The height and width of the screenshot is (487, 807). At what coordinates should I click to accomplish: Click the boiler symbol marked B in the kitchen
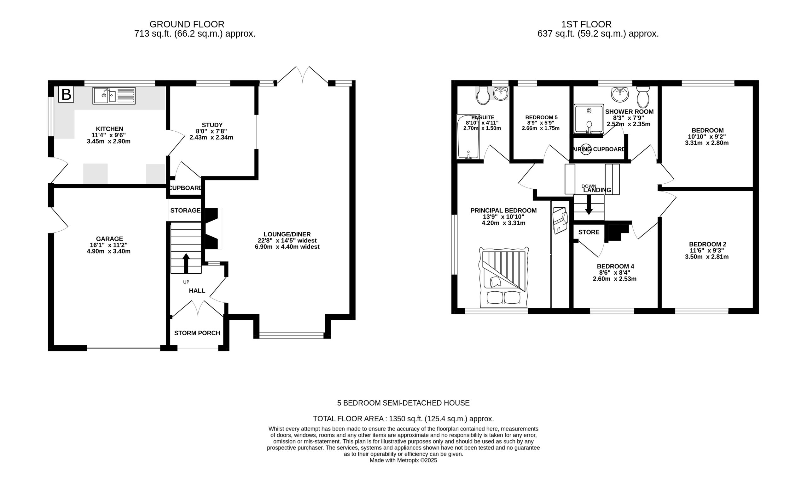tap(66, 94)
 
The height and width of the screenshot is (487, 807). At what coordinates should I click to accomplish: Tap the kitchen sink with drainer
tap(114, 95)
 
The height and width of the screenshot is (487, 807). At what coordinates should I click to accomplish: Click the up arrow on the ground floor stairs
tap(186, 263)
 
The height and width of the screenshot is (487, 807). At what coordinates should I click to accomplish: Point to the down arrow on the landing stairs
tap(589, 205)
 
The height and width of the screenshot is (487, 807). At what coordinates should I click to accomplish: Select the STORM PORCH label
tap(197, 333)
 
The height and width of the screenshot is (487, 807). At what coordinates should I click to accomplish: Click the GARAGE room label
tap(109, 239)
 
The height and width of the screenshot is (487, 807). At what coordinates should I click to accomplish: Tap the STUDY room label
tap(212, 125)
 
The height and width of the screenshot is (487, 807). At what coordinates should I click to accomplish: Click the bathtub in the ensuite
tap(468, 137)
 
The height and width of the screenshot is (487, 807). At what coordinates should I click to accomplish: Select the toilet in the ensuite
tap(483, 95)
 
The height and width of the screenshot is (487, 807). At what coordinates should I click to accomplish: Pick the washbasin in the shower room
tap(620, 94)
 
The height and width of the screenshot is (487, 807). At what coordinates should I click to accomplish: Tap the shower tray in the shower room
tap(589, 119)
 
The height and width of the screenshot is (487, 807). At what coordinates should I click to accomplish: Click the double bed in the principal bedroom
tap(504, 277)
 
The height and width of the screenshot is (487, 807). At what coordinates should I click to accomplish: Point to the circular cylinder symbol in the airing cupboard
tap(586, 149)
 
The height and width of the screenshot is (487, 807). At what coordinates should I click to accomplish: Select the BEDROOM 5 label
tap(541, 117)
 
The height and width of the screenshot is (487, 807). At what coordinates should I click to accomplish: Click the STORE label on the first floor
tap(589, 232)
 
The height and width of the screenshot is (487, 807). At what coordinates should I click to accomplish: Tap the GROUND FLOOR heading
tap(187, 24)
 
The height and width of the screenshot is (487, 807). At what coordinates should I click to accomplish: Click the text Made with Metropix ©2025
tap(403, 460)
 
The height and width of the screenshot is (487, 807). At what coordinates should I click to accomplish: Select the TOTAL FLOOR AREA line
tap(403, 419)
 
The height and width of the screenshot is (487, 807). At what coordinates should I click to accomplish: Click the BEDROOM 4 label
tap(613, 266)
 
